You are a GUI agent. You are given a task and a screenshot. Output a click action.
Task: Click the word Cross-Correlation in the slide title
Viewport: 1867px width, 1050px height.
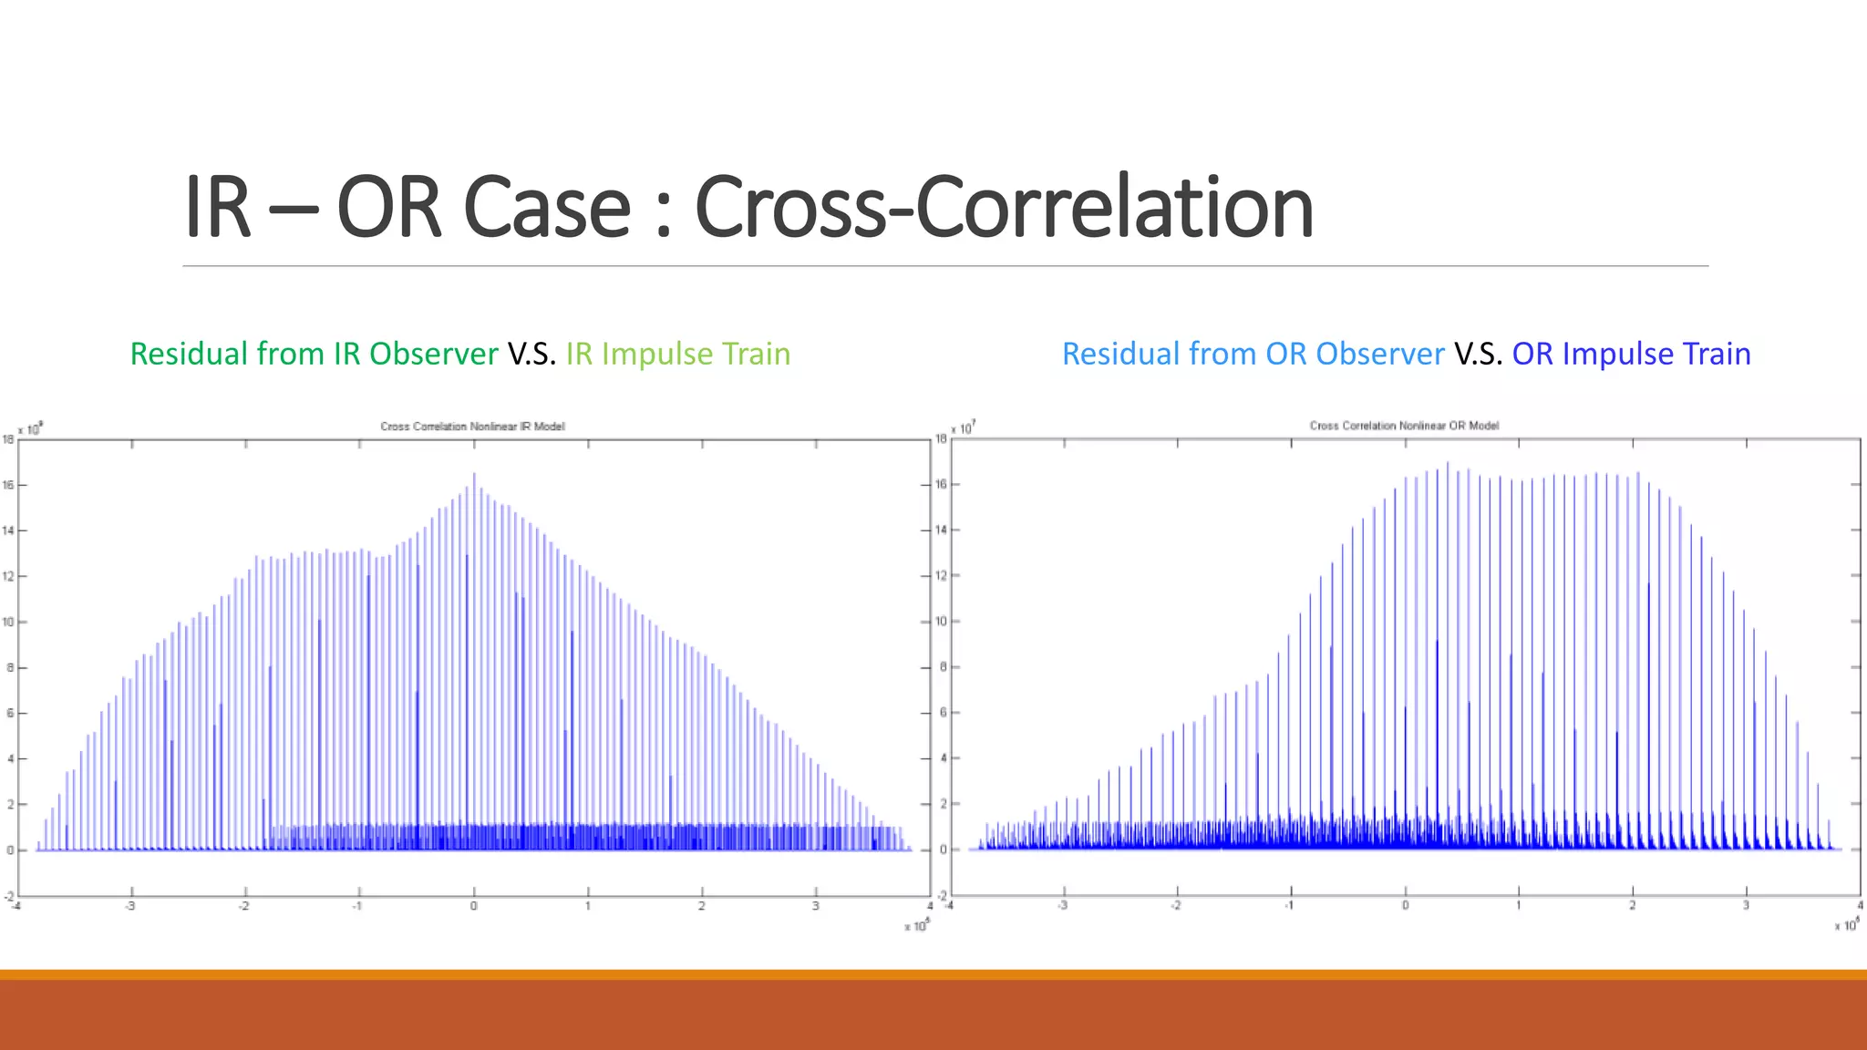point(1003,208)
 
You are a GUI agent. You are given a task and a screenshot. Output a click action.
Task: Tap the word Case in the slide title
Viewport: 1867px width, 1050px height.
point(546,208)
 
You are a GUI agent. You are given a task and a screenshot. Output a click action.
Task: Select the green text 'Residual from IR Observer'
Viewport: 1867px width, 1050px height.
point(314,354)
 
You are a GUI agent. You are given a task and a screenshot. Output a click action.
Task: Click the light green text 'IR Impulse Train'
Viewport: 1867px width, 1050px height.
point(677,354)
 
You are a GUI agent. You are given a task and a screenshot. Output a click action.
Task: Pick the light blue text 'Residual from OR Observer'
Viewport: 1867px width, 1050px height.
point(1253,354)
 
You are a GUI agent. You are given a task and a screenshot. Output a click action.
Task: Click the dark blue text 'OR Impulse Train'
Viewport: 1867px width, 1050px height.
point(1631,354)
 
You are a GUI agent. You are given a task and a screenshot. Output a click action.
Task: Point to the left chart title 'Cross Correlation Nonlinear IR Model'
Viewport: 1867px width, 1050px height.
point(472,427)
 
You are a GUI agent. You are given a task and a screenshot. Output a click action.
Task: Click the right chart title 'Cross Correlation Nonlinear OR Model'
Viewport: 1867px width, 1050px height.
point(1404,426)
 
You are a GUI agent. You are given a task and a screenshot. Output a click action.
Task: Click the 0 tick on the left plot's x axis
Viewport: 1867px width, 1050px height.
point(473,906)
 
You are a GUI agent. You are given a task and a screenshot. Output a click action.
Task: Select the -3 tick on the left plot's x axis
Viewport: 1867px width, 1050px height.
point(130,906)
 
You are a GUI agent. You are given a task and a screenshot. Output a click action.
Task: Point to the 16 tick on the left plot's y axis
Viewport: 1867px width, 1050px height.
point(8,485)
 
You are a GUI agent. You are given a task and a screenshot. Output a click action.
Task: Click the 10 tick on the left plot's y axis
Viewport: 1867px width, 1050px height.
point(8,622)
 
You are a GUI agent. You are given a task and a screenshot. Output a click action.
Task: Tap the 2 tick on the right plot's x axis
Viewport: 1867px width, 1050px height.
point(1632,905)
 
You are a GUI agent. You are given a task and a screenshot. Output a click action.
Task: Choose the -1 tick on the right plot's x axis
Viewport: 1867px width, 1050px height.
point(1289,905)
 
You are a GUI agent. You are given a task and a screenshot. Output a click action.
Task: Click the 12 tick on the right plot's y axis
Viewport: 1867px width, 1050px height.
point(941,575)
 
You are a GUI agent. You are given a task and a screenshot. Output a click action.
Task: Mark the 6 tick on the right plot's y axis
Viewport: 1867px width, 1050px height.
point(944,712)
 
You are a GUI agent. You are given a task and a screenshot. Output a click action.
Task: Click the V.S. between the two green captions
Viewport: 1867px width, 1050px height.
point(531,354)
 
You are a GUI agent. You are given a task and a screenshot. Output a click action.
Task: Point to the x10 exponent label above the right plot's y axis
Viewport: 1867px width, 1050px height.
point(963,427)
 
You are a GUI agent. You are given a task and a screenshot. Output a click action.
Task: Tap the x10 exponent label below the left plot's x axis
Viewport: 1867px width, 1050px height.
point(916,926)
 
